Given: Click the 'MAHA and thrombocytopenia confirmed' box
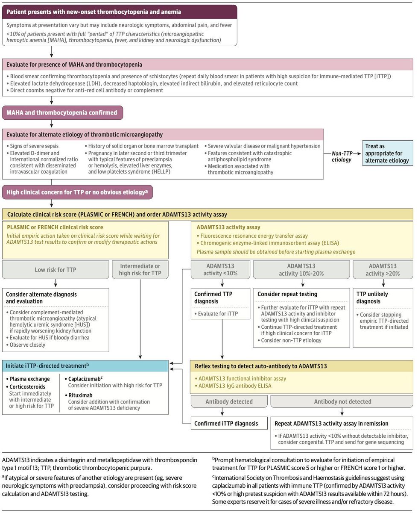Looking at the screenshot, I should (x=63, y=113).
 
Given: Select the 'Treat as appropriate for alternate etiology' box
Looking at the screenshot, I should (x=388, y=153).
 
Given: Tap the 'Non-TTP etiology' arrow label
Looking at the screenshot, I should (x=342, y=157).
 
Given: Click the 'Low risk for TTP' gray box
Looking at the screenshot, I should (x=56, y=270).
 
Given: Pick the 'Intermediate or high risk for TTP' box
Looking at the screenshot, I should (x=140, y=270).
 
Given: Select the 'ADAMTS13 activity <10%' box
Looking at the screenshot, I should (x=220, y=270).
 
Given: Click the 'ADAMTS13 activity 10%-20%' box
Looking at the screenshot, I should (x=301, y=270).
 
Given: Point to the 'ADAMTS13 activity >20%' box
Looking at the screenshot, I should (x=383, y=270).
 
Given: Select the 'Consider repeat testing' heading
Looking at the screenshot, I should (x=287, y=295).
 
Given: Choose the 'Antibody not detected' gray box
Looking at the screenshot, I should (x=342, y=401).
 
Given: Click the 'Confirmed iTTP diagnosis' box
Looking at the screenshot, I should (x=226, y=424).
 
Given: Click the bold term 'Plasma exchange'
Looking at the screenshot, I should (x=30, y=379).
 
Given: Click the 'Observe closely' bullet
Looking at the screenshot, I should (x=29, y=345).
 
